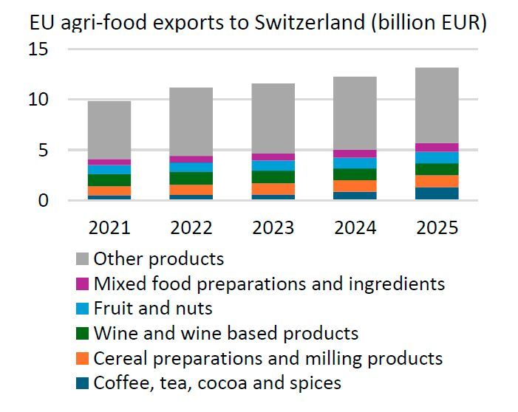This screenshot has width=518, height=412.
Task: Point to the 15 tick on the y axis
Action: pos(38,49)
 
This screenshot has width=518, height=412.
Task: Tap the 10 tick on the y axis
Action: pos(38,100)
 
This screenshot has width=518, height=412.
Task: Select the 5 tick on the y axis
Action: pos(44,150)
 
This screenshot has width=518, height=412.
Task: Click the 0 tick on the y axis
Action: pos(44,200)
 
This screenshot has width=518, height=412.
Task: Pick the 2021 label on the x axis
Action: pos(109,227)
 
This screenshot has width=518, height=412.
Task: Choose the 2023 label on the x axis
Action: pos(273,227)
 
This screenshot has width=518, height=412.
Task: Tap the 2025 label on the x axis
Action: pos(437,227)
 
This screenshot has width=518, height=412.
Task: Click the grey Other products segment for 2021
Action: pos(109,130)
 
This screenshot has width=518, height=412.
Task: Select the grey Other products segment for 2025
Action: pos(437,106)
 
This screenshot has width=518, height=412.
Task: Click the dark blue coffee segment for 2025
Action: pos(437,193)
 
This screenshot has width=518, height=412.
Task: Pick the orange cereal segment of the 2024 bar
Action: pos(355,186)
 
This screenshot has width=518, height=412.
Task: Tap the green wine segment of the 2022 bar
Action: pos(191,178)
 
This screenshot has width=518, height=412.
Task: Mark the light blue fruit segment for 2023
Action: pos(273,165)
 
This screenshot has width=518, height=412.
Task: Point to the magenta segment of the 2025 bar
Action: pos(437,147)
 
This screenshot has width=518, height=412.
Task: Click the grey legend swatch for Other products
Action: pos(83,259)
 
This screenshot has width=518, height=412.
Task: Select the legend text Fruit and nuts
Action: pos(153,309)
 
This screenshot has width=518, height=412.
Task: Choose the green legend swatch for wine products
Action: pos(83,334)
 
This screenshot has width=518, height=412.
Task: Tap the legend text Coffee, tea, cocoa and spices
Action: pos(217,382)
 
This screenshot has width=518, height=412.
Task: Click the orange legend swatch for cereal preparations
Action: pos(83,359)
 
